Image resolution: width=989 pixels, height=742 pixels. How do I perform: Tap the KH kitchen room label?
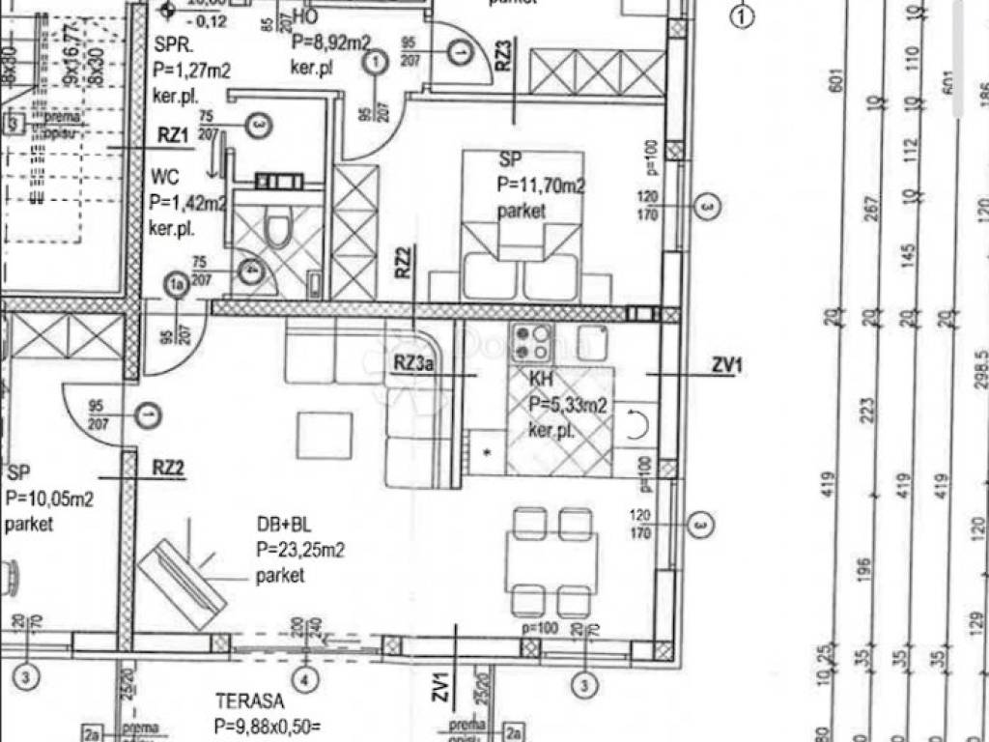point(540,381)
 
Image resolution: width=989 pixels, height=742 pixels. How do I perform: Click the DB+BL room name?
point(284,528)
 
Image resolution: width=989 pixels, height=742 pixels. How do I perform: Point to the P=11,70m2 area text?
point(542,185)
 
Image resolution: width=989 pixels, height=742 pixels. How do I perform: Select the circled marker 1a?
point(176,285)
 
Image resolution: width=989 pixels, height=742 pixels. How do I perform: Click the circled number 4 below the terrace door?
point(306,679)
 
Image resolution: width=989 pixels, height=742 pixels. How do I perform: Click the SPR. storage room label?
point(174,44)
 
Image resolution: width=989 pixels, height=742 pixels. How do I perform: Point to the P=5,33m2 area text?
point(568,406)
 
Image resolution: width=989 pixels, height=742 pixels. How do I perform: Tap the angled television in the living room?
point(182,579)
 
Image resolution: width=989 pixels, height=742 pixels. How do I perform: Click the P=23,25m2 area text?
point(300,552)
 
